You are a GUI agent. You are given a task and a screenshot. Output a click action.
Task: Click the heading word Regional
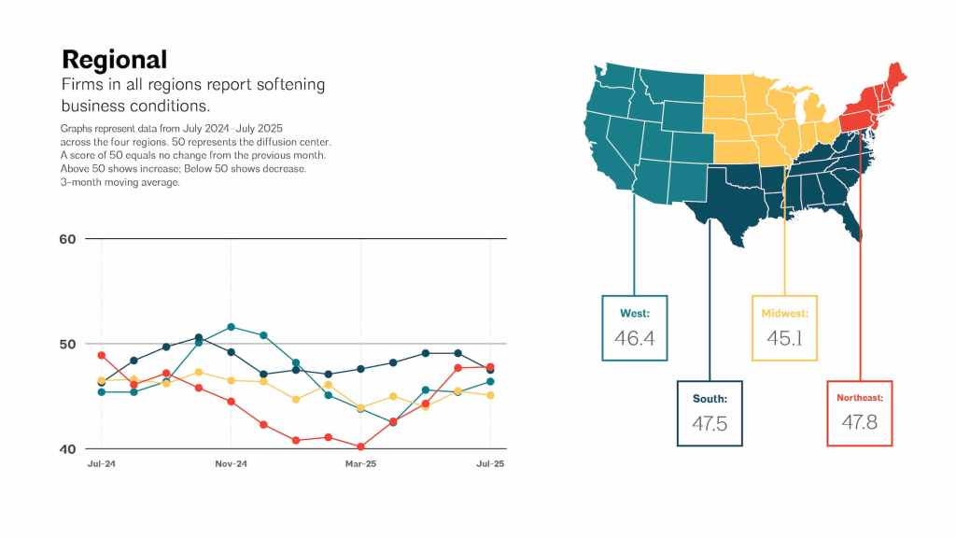coord(115,60)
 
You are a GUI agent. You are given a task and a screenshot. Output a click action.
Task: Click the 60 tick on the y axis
coord(67,239)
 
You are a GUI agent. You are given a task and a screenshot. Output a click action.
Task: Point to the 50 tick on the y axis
coord(67,345)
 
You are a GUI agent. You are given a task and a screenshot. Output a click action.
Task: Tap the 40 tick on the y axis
coord(67,449)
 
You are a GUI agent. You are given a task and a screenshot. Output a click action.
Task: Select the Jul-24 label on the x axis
coord(101,464)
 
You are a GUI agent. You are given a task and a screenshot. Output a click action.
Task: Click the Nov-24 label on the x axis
coord(231,464)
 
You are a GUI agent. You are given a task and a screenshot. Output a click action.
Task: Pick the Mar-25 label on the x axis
coord(360,464)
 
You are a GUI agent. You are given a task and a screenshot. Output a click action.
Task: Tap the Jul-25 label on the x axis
coord(490,464)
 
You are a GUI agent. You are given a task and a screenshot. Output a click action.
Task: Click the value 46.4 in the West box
coord(635,338)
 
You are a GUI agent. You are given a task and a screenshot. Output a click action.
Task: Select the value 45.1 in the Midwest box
coord(785,338)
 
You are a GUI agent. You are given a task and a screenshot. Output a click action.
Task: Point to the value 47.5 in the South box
coord(710,423)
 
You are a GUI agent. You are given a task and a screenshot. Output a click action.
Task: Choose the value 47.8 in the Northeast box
coord(860,423)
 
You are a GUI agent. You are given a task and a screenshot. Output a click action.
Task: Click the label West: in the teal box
coord(635,313)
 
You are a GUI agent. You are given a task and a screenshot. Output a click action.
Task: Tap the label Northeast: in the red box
coord(860,398)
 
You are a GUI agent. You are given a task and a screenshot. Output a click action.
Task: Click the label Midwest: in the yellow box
coord(785,313)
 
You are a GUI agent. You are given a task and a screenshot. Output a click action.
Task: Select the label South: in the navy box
coord(710,399)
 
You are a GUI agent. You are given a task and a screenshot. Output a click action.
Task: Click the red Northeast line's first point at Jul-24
coord(101,356)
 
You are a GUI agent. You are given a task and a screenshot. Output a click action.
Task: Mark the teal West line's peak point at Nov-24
coord(231,327)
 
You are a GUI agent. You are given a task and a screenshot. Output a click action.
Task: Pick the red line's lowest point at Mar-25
coord(360,447)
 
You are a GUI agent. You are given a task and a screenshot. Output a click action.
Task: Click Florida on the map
coord(849,220)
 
